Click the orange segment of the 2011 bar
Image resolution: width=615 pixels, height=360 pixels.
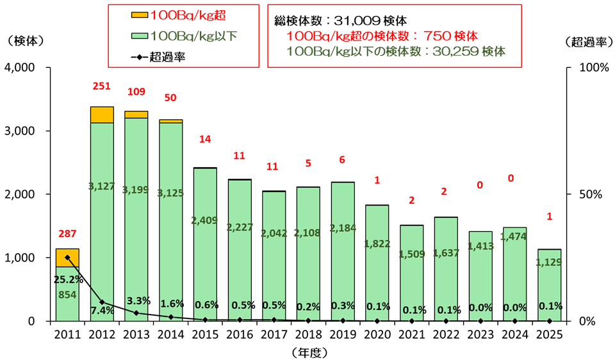click(67, 258)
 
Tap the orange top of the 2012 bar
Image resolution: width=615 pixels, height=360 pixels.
click(102, 115)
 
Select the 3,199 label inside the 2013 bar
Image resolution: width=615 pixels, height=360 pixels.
click(135, 190)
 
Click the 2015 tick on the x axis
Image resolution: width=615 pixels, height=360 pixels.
click(204, 334)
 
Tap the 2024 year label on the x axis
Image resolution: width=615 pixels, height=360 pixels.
click(514, 334)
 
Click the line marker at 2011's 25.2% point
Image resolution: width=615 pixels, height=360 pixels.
click(67, 257)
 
